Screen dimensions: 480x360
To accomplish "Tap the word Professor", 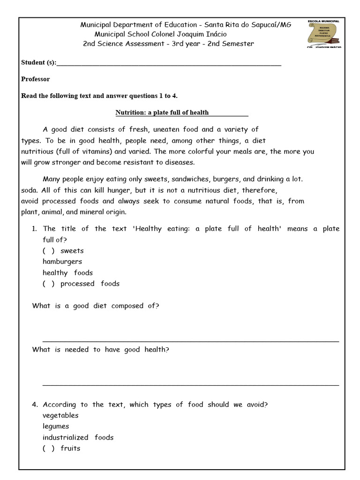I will [x=36, y=79].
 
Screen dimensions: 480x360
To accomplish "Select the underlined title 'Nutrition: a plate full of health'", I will [x=162, y=112].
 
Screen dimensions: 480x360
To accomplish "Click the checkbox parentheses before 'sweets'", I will [x=48, y=251].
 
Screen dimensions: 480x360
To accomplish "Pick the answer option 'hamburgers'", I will [x=62, y=262].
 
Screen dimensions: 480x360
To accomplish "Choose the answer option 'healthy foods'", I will [x=67, y=273].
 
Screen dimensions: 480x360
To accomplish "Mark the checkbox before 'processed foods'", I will [x=48, y=284].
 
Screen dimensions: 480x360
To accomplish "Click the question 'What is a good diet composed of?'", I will [x=96, y=306].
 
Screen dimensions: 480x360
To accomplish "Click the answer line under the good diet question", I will [x=190, y=341].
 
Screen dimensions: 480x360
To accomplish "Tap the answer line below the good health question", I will [x=190, y=385].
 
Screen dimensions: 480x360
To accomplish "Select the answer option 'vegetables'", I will [x=60, y=415].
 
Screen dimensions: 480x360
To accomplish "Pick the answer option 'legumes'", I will [x=56, y=427].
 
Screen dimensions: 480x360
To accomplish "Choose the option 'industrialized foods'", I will [x=78, y=437].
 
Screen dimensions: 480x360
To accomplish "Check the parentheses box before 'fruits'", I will [x=48, y=448].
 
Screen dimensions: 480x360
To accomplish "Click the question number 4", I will [x=35, y=405].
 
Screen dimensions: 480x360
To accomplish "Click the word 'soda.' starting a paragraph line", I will [x=30, y=190].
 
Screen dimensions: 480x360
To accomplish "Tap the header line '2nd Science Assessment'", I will [x=168, y=44].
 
